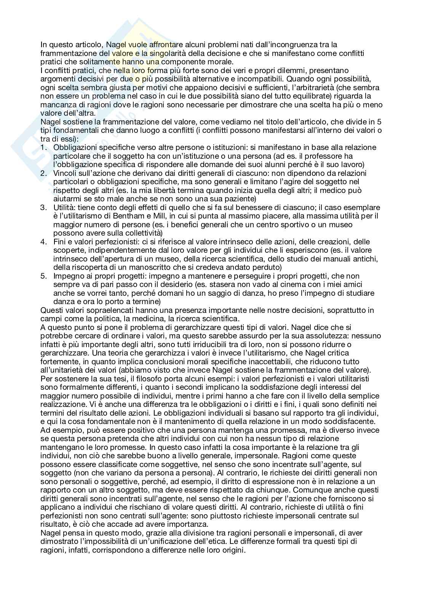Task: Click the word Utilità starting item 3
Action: pos(64,208)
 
